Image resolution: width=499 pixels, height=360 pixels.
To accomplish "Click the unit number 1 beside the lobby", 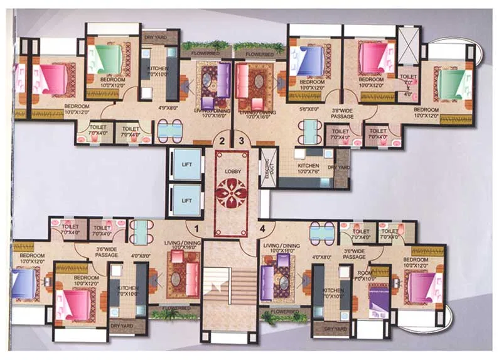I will pyautogui.click(x=196, y=228).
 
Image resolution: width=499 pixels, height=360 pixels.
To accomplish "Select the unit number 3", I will pyautogui.click(x=240, y=140).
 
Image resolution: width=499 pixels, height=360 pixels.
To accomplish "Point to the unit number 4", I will pyautogui.click(x=264, y=228).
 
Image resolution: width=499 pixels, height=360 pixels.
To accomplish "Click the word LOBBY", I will pyautogui.click(x=231, y=171).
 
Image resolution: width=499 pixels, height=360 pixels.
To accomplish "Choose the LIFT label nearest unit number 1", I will pyautogui.click(x=186, y=200).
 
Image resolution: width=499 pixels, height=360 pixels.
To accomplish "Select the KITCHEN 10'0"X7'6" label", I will pyautogui.click(x=308, y=168).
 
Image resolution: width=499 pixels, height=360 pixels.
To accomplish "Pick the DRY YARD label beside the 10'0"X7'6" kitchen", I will pyautogui.click(x=342, y=168).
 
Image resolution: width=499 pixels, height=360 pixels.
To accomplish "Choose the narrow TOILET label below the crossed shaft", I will pyautogui.click(x=408, y=79).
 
